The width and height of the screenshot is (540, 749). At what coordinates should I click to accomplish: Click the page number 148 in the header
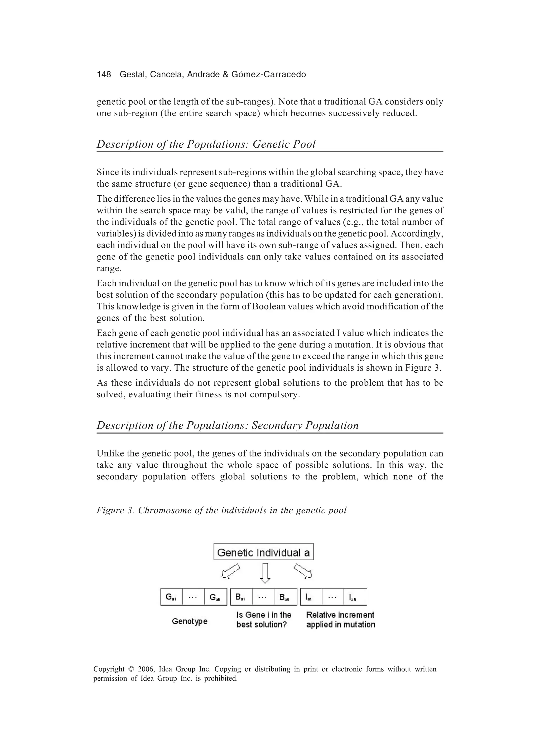pos(104,75)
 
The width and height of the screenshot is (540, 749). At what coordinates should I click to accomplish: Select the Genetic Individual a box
pos(263,553)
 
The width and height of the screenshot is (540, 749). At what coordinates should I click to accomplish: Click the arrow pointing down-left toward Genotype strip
pos(230,571)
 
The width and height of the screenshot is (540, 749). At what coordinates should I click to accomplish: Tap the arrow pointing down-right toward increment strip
pos(303,571)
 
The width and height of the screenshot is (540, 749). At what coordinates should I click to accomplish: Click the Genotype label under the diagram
pos(190,621)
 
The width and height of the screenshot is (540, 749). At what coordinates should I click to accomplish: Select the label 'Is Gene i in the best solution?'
pos(264,620)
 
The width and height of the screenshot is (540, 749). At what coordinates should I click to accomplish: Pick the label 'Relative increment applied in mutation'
pos(340,620)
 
